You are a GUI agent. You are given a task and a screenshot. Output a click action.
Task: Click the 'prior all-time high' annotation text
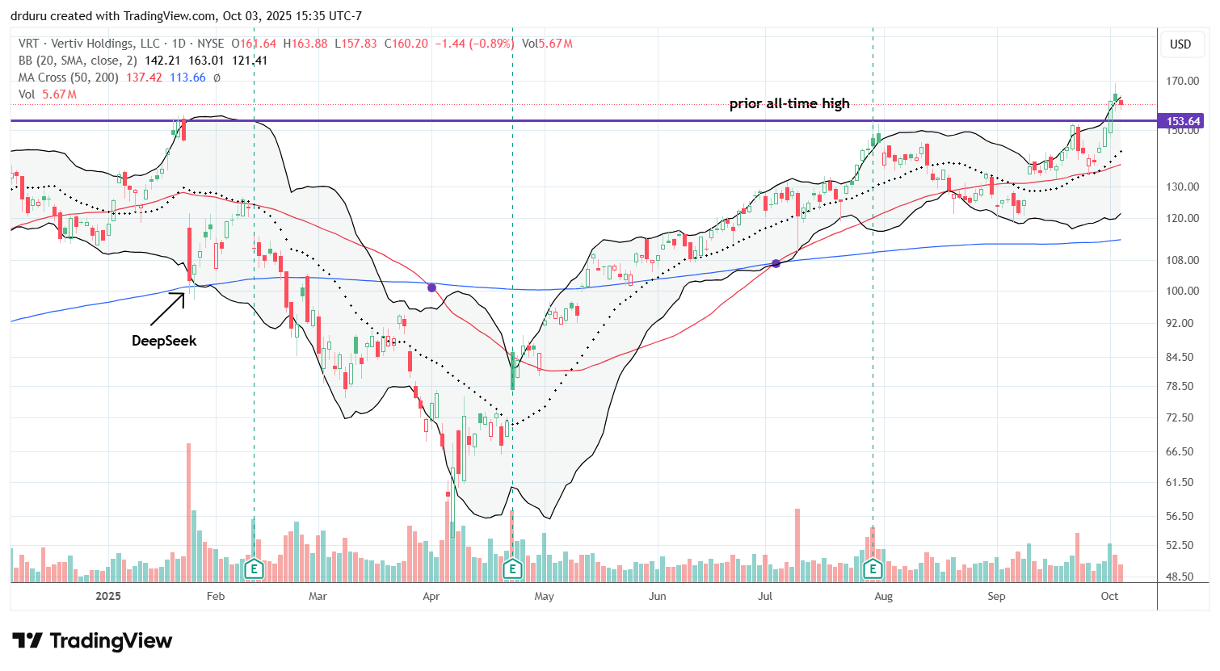tap(789, 103)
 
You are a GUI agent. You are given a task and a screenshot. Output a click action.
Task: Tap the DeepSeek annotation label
tap(164, 341)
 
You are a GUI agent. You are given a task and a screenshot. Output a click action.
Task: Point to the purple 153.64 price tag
tap(1182, 121)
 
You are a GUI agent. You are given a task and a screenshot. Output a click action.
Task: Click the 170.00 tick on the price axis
tap(1182, 81)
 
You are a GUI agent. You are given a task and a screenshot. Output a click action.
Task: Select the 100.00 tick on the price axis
tap(1182, 291)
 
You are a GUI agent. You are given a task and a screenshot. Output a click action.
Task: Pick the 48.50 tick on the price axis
tap(1182, 577)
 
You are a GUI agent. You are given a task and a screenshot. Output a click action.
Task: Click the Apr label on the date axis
tap(431, 596)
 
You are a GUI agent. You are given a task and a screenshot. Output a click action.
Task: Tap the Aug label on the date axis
tap(883, 596)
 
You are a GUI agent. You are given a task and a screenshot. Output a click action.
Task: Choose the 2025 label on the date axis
tap(107, 596)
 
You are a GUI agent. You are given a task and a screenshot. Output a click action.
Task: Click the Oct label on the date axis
tap(1109, 596)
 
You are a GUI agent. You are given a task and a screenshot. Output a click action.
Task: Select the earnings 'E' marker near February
tap(254, 568)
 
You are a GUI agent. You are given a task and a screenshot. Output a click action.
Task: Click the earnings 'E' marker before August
tap(873, 568)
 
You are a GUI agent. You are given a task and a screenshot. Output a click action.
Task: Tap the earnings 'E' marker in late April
tap(512, 568)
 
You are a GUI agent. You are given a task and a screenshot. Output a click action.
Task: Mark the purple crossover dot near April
tap(432, 287)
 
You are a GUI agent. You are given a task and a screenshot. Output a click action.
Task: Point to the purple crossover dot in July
tap(776, 263)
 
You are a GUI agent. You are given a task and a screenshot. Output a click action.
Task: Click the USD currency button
tap(1180, 44)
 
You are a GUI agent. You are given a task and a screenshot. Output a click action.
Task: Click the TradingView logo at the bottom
tap(92, 641)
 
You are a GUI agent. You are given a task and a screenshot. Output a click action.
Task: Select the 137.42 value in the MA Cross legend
tap(145, 78)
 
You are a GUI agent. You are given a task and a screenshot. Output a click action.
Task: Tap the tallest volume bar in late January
tap(189, 512)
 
